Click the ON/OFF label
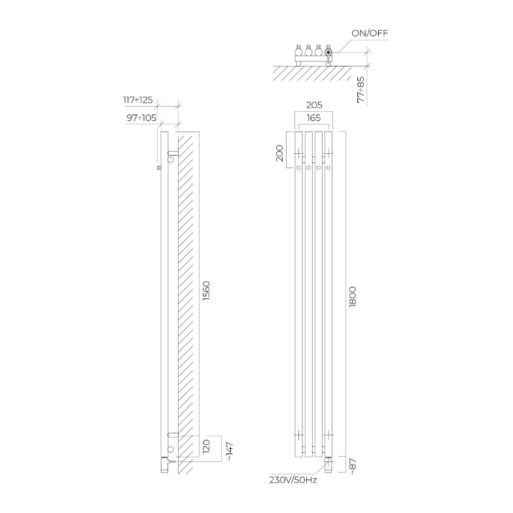click(x=370, y=33)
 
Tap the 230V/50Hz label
click(x=293, y=480)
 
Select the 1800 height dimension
click(x=353, y=297)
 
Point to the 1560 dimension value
click(x=206, y=291)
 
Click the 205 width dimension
click(x=314, y=105)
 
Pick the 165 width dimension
click(x=313, y=118)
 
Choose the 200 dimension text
click(x=280, y=153)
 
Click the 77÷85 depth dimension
click(x=361, y=90)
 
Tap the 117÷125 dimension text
click(x=137, y=99)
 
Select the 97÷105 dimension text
click(x=141, y=118)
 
